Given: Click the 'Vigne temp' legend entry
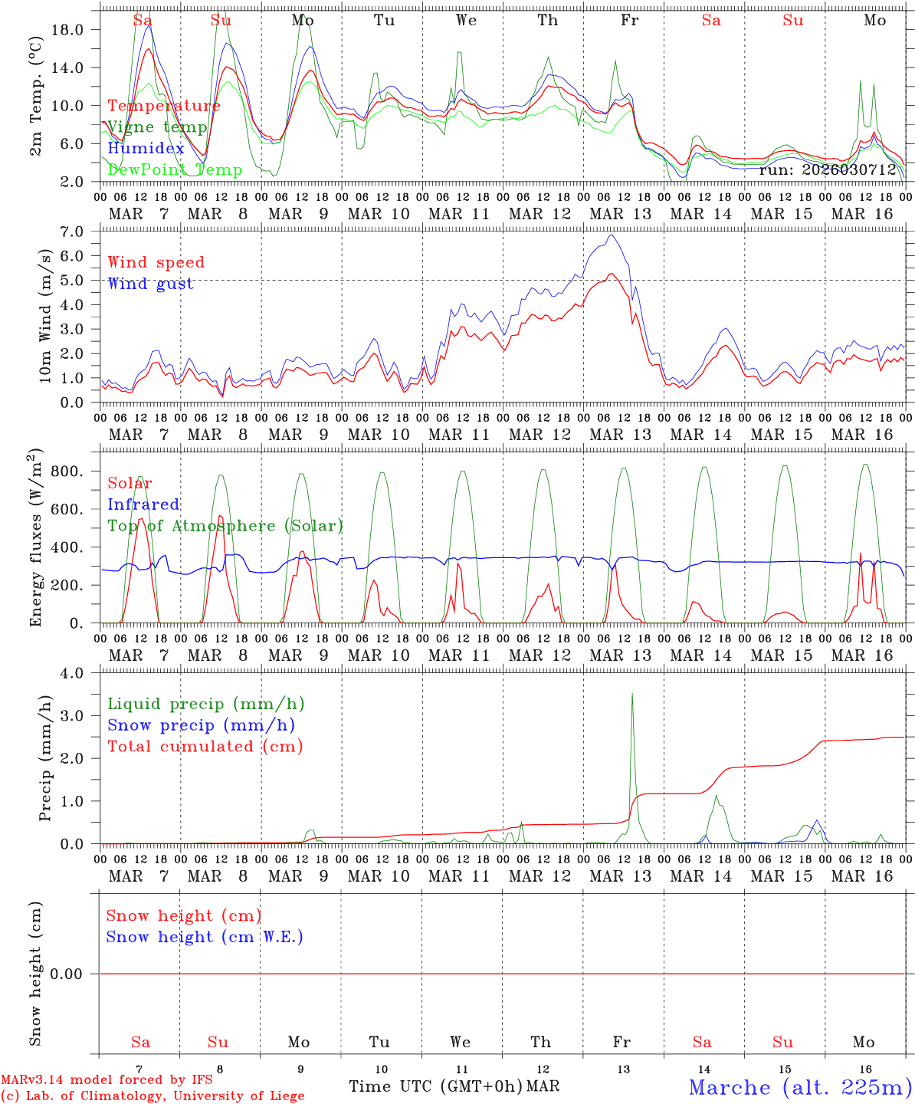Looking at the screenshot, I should tap(157, 127).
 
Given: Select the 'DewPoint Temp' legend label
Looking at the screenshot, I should tap(175, 169).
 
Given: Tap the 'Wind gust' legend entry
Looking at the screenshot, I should tap(150, 284).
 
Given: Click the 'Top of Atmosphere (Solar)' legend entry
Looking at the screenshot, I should tap(225, 526).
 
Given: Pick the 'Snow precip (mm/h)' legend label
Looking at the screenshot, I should tap(201, 725).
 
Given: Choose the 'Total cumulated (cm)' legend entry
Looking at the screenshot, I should tap(205, 746).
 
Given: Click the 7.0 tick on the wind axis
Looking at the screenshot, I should tap(80, 232).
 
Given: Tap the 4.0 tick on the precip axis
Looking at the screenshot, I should tap(80, 673).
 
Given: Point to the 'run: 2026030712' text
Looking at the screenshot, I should tap(827, 169).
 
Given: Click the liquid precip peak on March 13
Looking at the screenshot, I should tap(632, 695).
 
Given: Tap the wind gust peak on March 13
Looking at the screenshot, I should tap(610, 235).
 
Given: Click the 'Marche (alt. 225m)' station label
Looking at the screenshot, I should tap(800, 1087).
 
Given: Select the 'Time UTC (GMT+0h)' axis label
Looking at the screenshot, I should tap(436, 1086).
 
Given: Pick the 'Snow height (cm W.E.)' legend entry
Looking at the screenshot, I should tap(205, 937).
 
